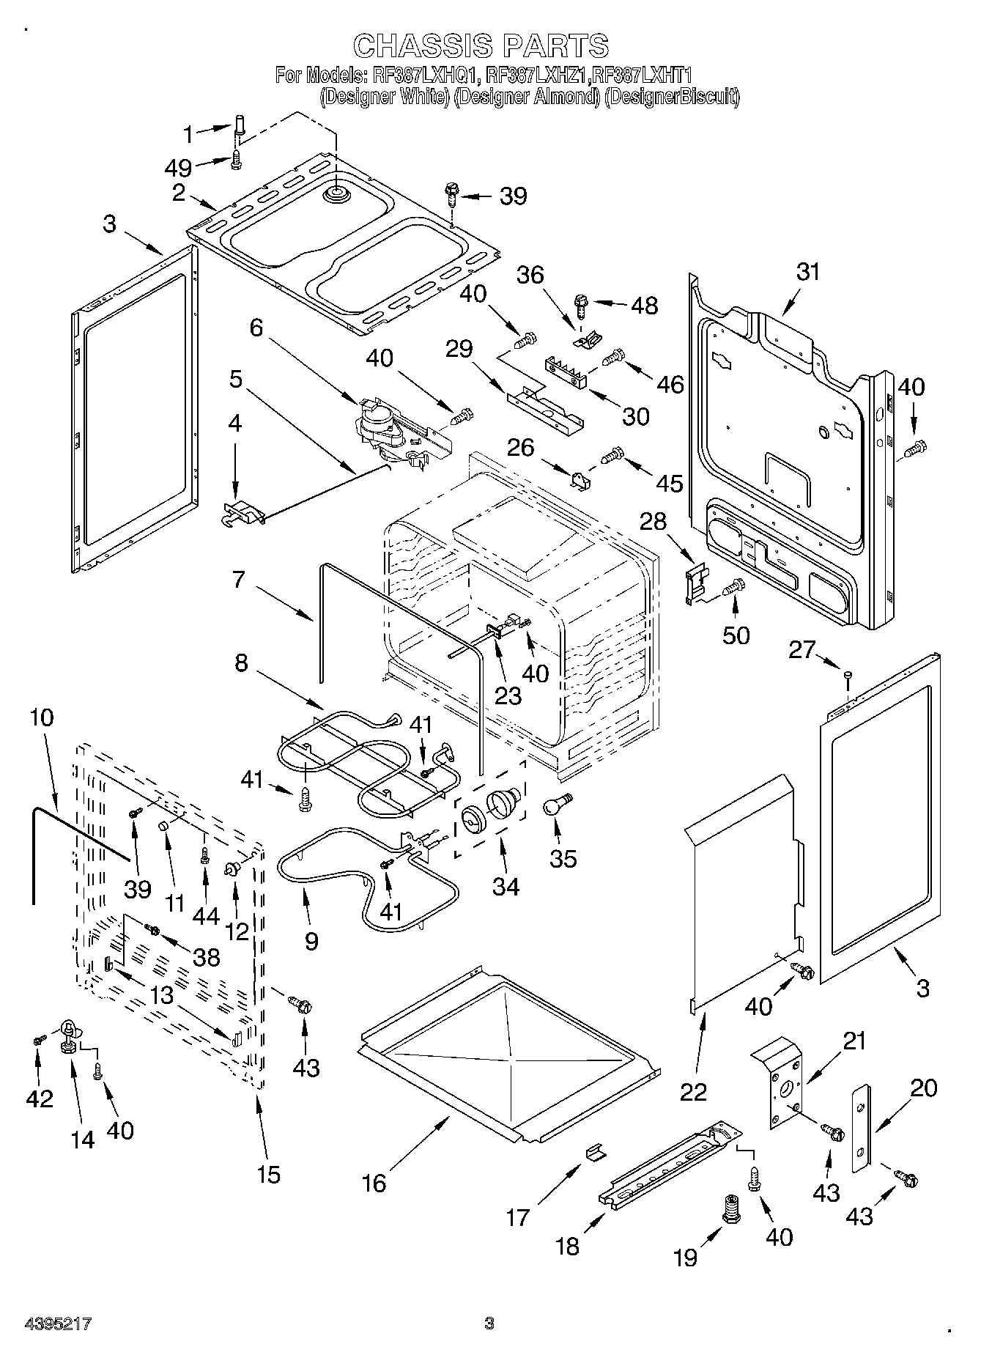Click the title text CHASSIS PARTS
click(481, 45)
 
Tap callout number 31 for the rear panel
click(808, 272)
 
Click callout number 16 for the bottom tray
click(374, 1183)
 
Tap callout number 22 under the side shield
click(693, 1090)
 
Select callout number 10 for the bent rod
click(42, 716)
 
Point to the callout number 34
click(506, 886)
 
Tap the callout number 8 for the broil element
click(241, 662)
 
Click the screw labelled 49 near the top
click(236, 159)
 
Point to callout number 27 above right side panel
click(802, 649)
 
